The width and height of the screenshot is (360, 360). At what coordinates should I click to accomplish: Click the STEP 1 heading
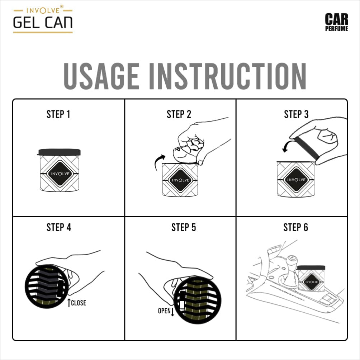pyautogui.click(x=58, y=114)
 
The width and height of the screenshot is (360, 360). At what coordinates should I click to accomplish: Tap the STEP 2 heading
pyautogui.click(x=179, y=114)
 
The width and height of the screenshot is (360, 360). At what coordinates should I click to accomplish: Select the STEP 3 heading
pyautogui.click(x=296, y=114)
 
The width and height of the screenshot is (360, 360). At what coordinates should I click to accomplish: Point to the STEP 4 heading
pyautogui.click(x=59, y=227)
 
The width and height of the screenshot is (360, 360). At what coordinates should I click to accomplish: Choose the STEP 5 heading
pyautogui.click(x=184, y=227)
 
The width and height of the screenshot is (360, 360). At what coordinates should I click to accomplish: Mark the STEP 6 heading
pyautogui.click(x=296, y=227)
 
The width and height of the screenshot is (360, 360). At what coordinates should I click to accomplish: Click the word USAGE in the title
pyautogui.click(x=101, y=76)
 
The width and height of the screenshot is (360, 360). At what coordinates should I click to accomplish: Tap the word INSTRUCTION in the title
pyautogui.click(x=228, y=76)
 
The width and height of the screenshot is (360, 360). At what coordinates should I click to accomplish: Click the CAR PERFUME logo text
pyautogui.click(x=336, y=22)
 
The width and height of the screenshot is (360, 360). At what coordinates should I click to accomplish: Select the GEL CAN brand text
pyautogui.click(x=43, y=23)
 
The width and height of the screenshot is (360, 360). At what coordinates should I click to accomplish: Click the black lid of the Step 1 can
pyautogui.click(x=59, y=152)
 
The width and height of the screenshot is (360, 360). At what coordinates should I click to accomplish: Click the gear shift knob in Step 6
pyautogui.click(x=292, y=261)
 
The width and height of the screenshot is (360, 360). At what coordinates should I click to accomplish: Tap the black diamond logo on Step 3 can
pyautogui.click(x=296, y=180)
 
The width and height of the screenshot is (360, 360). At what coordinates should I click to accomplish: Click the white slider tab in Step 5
pyautogui.click(x=182, y=305)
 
